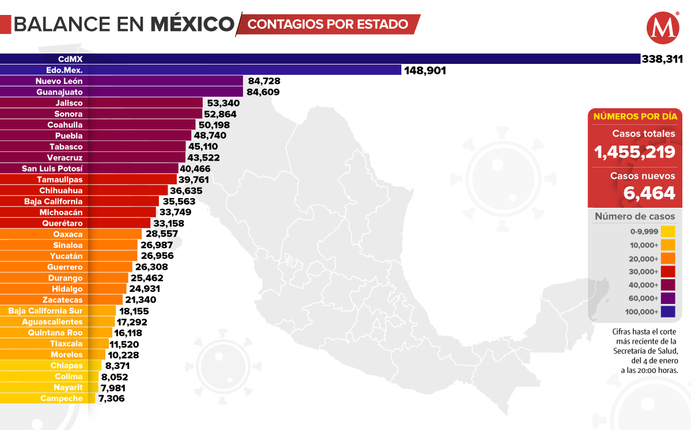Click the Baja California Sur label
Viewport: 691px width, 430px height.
(x=45, y=311)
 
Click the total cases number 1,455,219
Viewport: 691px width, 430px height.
(x=635, y=152)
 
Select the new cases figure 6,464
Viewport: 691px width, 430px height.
(x=650, y=193)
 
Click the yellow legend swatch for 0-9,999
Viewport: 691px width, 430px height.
(x=668, y=232)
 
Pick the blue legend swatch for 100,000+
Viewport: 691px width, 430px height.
(x=668, y=312)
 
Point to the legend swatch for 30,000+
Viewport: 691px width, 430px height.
(x=668, y=272)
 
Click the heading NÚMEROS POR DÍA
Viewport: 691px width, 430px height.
(x=635, y=116)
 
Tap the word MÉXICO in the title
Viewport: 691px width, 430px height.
(x=192, y=24)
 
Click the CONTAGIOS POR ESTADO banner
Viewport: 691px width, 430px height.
(x=328, y=24)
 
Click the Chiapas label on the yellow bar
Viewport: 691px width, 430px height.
(x=67, y=366)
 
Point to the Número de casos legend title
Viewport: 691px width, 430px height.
(x=635, y=216)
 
